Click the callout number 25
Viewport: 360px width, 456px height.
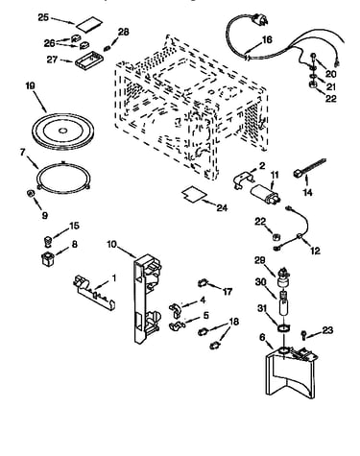pos(43,17)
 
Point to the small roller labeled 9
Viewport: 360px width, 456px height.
pos(31,193)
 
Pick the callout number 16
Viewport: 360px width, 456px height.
pos(267,39)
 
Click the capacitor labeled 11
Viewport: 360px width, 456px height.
pos(265,194)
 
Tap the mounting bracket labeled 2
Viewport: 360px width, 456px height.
pos(243,180)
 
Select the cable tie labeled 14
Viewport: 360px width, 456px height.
pos(309,167)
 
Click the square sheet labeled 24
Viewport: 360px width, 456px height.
pos(194,194)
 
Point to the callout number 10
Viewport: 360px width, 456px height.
pos(112,244)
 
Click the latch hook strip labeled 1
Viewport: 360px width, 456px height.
pos(94,292)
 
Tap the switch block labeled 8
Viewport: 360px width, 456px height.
pos(48,258)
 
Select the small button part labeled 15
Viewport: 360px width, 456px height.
pos(47,240)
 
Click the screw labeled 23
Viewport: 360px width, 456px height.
pos(303,335)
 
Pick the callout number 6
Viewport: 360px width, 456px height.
pos(262,337)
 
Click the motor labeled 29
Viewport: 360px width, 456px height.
pos(283,278)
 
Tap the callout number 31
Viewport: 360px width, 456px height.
pos(262,308)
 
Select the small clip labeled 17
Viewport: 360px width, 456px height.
pos(202,283)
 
